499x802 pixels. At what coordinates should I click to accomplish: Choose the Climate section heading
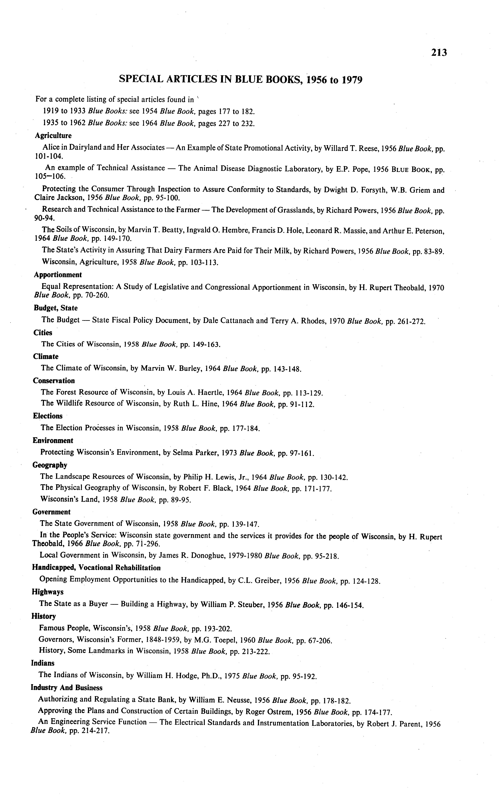[45, 356]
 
